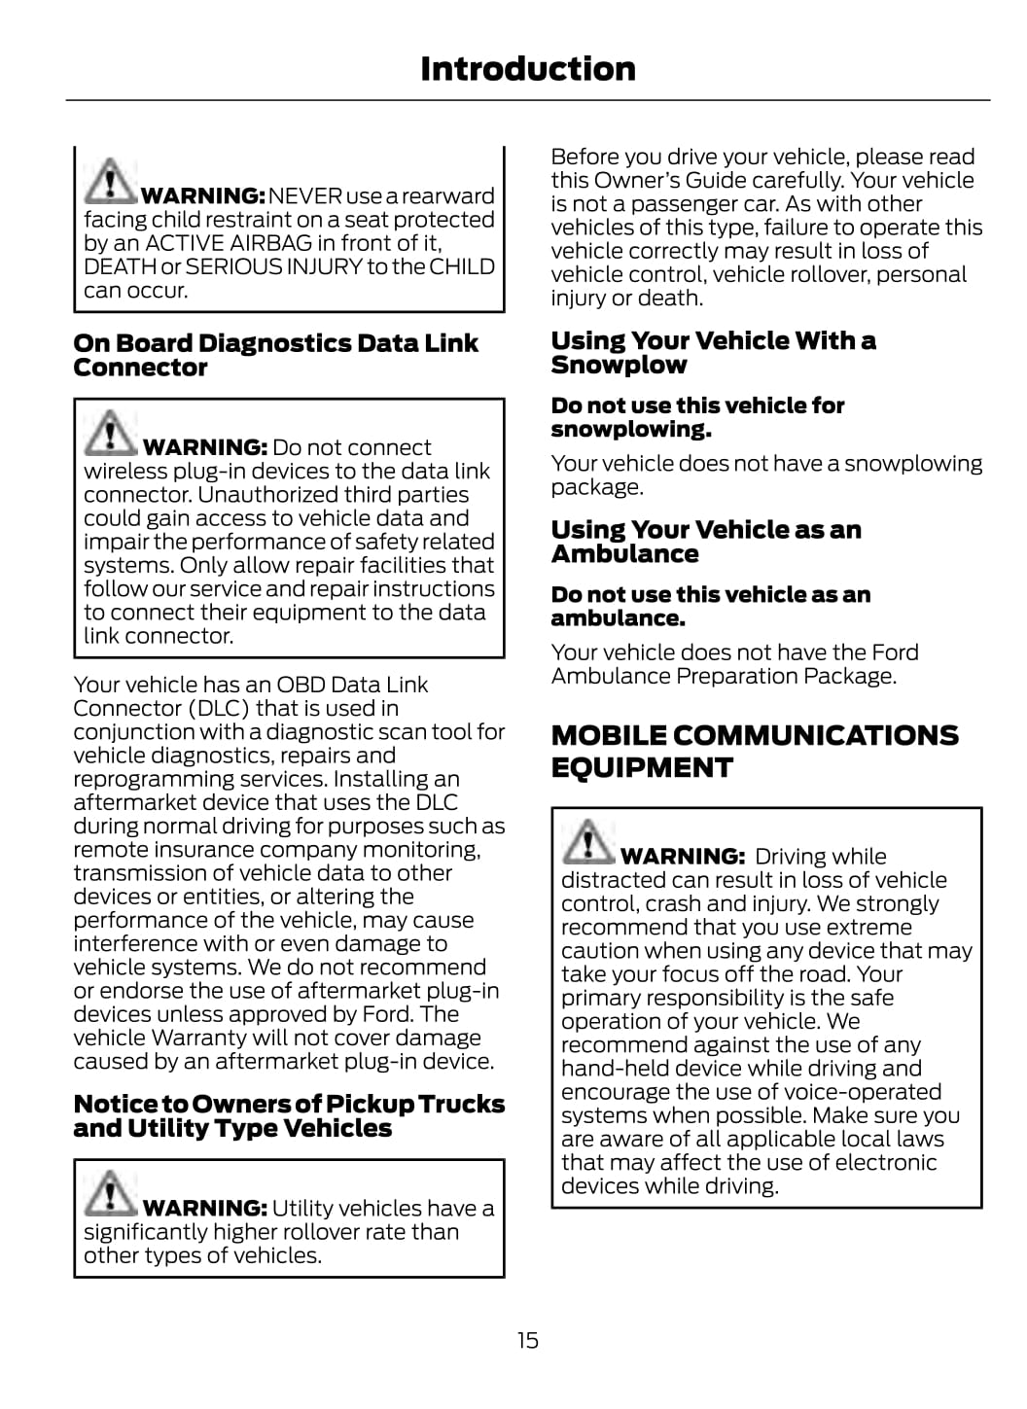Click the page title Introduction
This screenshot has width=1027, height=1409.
[x=527, y=69]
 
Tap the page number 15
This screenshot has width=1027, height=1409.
[x=527, y=1340]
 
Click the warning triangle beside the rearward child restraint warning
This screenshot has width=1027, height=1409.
[x=110, y=181]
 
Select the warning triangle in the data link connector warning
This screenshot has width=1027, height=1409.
[x=110, y=433]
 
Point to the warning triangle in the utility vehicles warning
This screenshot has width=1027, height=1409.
[x=110, y=1193]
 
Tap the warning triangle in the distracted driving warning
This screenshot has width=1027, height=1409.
[x=587, y=841]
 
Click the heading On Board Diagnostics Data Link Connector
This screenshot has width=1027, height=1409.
[x=275, y=355]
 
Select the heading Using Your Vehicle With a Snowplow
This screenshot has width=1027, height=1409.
[x=713, y=352]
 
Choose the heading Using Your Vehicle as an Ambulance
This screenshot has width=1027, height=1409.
[x=706, y=542]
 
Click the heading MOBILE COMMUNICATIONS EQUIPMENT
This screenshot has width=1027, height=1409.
[x=755, y=751]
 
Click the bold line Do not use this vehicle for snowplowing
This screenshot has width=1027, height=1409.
[x=697, y=417]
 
